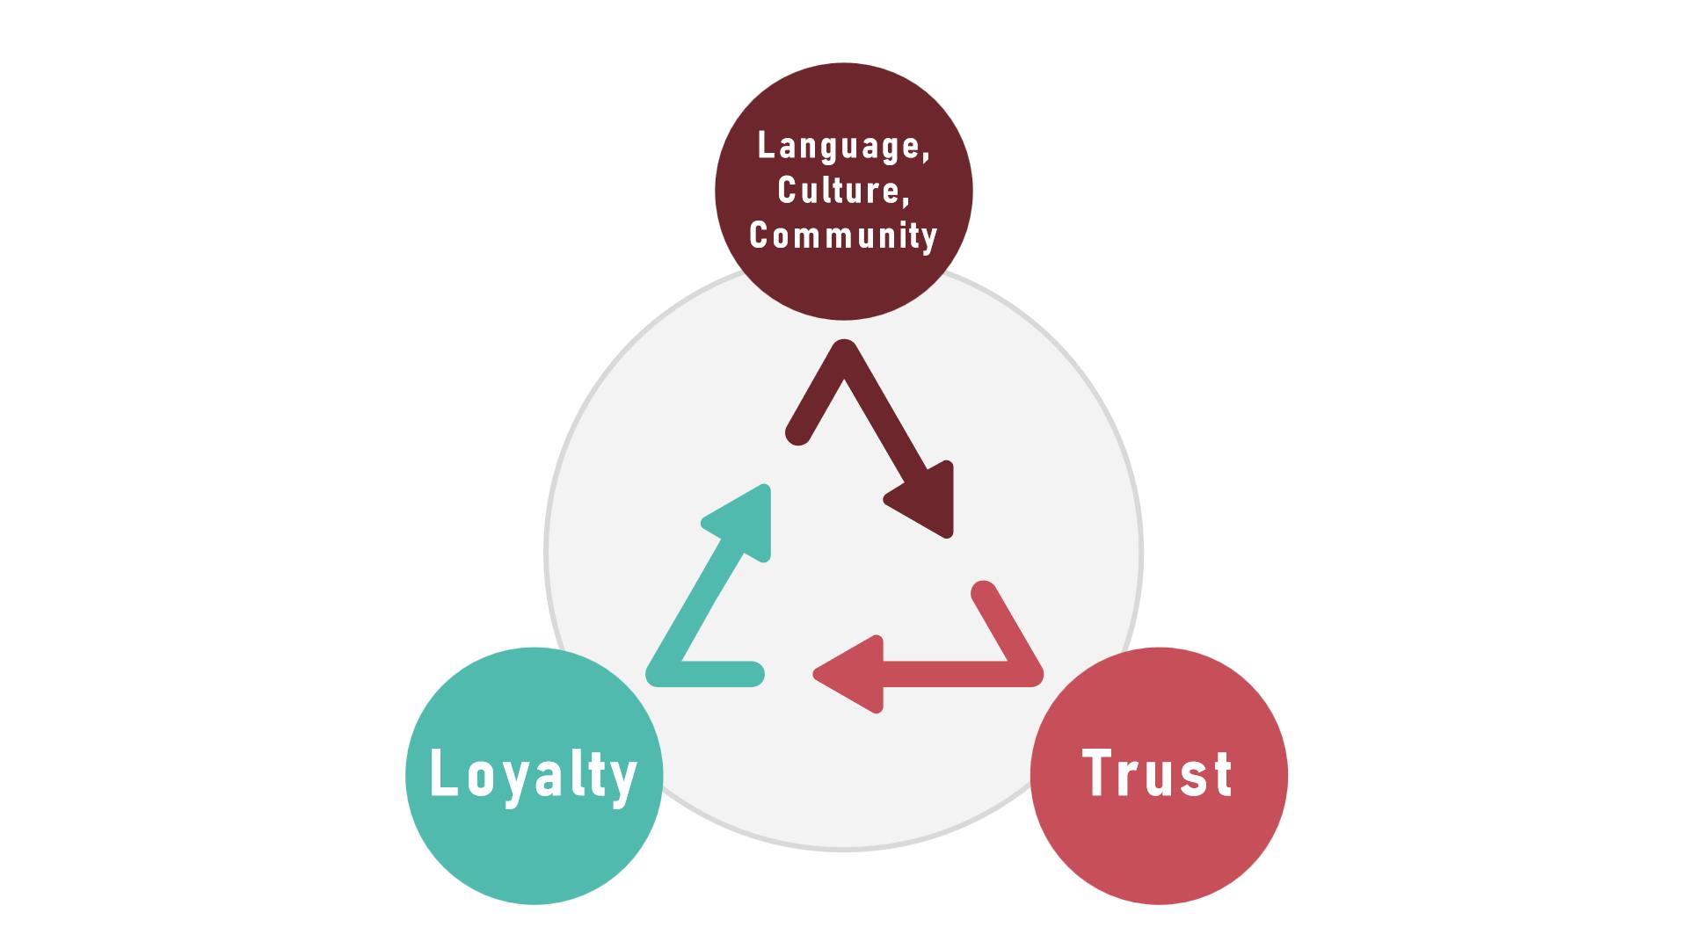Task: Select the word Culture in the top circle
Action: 840,190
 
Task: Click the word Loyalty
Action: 533,775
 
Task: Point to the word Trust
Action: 1157,774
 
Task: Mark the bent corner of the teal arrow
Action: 661,672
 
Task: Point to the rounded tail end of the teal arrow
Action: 751,673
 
